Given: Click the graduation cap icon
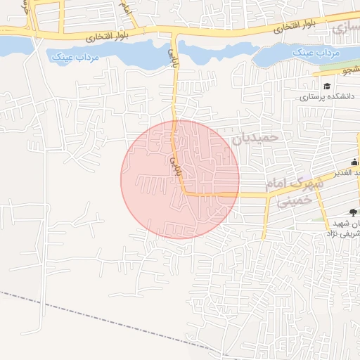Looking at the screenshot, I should pyautogui.click(x=327, y=86).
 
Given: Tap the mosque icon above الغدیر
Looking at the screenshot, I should pyautogui.click(x=357, y=162).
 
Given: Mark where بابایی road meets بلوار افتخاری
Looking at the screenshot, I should pyautogui.click(x=174, y=32).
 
